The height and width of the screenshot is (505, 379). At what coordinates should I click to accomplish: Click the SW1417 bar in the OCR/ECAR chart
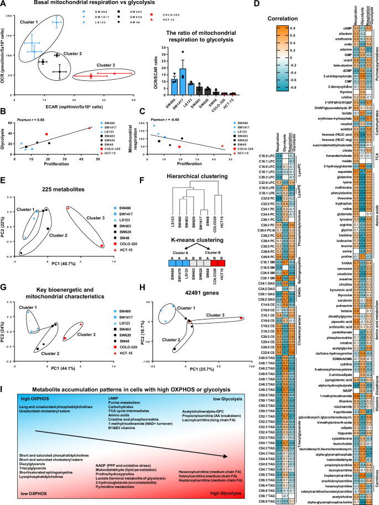(181, 79)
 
